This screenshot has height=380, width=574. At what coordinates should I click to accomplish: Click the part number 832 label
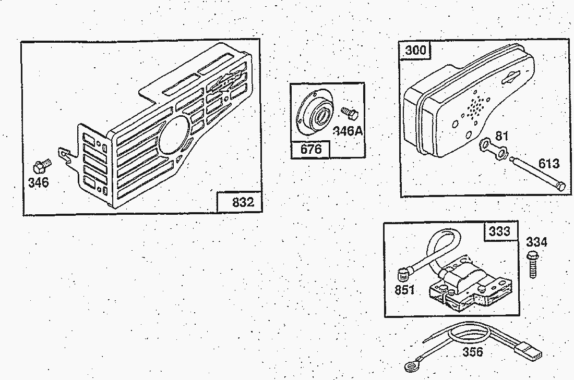click(x=243, y=202)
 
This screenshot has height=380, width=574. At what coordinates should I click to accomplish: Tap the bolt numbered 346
click(x=41, y=166)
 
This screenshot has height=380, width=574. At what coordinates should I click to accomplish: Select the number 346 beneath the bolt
click(x=39, y=182)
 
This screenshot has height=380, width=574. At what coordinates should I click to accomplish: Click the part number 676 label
click(x=311, y=149)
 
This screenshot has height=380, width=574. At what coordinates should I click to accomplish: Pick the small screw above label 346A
click(x=350, y=113)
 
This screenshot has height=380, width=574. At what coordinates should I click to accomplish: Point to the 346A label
click(x=348, y=130)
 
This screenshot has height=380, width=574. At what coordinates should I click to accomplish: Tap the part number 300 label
click(x=416, y=50)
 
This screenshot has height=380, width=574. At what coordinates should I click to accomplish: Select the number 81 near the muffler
click(x=501, y=136)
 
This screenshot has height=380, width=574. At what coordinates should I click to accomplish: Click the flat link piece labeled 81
click(x=494, y=149)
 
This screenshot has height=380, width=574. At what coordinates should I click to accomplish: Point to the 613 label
click(x=549, y=164)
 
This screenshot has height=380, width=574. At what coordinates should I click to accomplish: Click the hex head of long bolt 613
click(x=560, y=186)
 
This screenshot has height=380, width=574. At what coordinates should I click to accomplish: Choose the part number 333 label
click(x=500, y=231)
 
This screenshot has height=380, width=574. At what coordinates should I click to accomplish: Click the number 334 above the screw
click(x=536, y=242)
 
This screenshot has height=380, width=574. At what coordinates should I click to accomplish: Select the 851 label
click(x=405, y=290)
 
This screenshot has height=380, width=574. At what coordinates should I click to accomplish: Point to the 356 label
click(x=473, y=352)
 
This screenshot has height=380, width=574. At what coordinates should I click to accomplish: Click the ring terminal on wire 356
click(x=413, y=366)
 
